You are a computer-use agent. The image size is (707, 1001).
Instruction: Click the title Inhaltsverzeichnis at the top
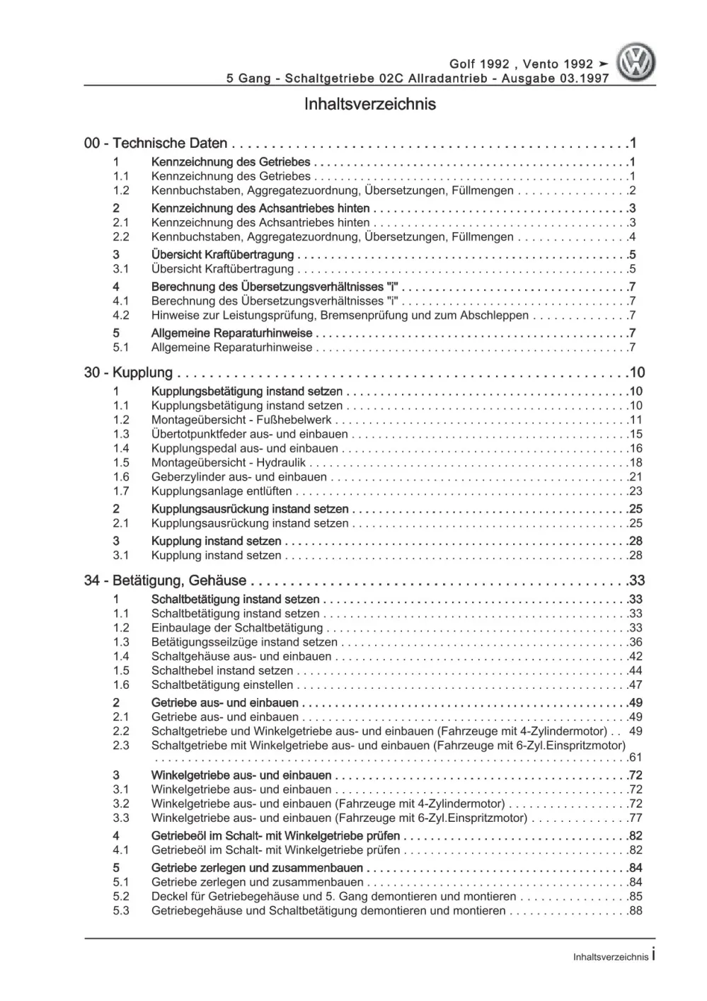pos(369,104)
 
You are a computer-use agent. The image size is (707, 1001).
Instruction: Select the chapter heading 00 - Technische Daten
pos(156,144)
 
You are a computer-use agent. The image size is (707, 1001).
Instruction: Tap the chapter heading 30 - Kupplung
pos(128,373)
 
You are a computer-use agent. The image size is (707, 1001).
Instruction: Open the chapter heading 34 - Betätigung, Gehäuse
pos(165,581)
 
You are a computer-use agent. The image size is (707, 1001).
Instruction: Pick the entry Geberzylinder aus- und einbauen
pos(238,477)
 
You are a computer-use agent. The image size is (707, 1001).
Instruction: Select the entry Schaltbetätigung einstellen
pos(222,685)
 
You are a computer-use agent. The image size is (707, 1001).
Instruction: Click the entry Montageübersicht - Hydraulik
pos(228,463)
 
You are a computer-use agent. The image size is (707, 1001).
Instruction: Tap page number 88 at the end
pos(635,911)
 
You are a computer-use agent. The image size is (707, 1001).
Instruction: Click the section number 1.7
pos(121,491)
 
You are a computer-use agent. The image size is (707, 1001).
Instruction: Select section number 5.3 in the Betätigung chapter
pos(121,911)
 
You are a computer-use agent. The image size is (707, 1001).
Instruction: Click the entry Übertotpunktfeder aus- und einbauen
pos(249,435)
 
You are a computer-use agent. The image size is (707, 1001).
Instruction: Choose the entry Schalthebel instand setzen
pos(222,671)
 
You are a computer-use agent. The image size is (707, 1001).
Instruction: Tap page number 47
pos(635,685)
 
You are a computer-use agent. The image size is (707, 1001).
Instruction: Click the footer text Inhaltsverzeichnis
pos(610,957)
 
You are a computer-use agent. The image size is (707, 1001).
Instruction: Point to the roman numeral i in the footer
pos(653,956)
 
